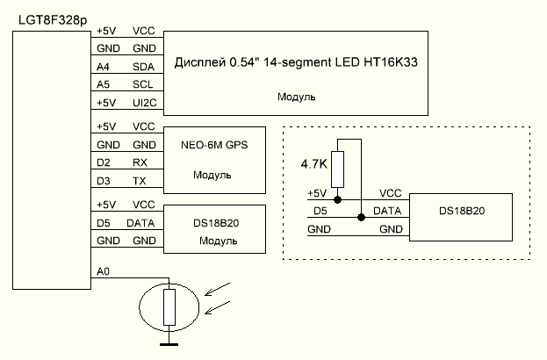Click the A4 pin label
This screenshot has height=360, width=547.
click(x=104, y=67)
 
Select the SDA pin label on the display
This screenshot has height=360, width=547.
click(x=144, y=67)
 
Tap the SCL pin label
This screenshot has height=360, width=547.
click(x=144, y=85)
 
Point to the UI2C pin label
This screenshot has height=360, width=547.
click(x=144, y=103)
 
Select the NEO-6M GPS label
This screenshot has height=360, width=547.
click(x=213, y=144)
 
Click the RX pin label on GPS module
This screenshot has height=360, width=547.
click(x=140, y=162)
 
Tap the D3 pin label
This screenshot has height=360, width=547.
click(x=103, y=181)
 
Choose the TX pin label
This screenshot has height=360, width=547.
click(x=140, y=181)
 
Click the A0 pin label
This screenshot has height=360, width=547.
click(x=104, y=273)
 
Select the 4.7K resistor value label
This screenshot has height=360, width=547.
click(x=314, y=164)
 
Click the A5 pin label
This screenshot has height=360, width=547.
click(x=104, y=85)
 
